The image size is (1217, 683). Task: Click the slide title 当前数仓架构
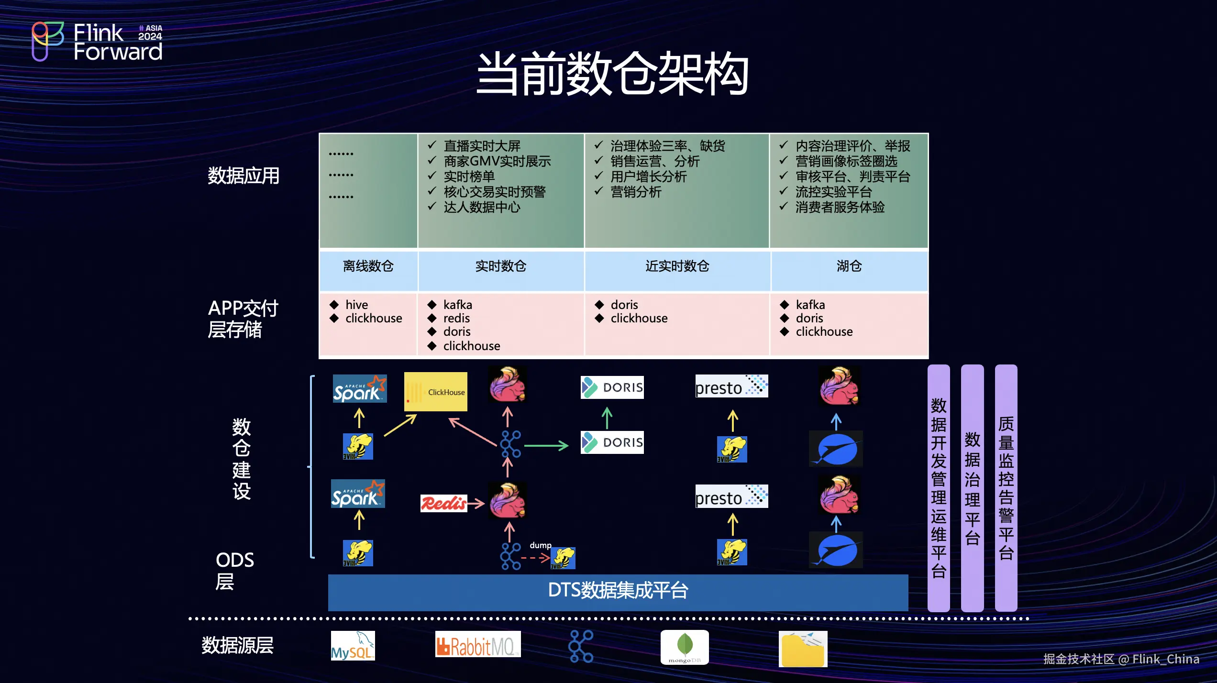(x=612, y=74)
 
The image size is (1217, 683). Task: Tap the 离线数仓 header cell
(x=368, y=266)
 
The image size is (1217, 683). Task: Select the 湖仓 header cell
(x=849, y=266)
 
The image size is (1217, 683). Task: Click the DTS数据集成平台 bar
(x=618, y=591)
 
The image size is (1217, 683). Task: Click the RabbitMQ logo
(x=477, y=645)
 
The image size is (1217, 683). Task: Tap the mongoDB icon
(x=684, y=647)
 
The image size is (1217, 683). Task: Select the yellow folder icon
(x=803, y=649)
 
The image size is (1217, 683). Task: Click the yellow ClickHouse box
(x=435, y=392)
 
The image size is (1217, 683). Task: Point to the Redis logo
(x=443, y=503)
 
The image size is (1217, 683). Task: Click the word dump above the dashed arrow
(x=540, y=545)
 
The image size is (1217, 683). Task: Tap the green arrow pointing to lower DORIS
(x=546, y=446)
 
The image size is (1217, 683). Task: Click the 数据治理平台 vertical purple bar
(x=972, y=488)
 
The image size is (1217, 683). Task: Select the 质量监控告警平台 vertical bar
(x=1006, y=488)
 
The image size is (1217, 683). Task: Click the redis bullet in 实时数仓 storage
(x=456, y=319)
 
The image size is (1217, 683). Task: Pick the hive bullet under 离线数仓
(x=356, y=305)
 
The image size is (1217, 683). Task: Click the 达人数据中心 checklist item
(x=481, y=208)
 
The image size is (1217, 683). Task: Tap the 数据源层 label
(x=237, y=646)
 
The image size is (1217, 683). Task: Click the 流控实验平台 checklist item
(x=833, y=192)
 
